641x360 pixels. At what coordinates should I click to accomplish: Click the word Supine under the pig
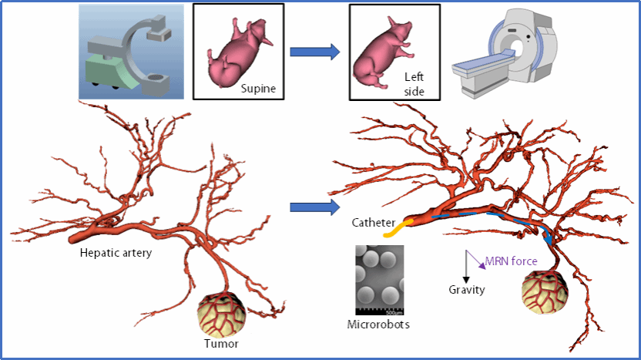[x=258, y=88]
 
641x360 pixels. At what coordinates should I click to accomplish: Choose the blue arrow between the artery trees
[x=314, y=207]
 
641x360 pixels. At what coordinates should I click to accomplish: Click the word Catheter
[x=374, y=224]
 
